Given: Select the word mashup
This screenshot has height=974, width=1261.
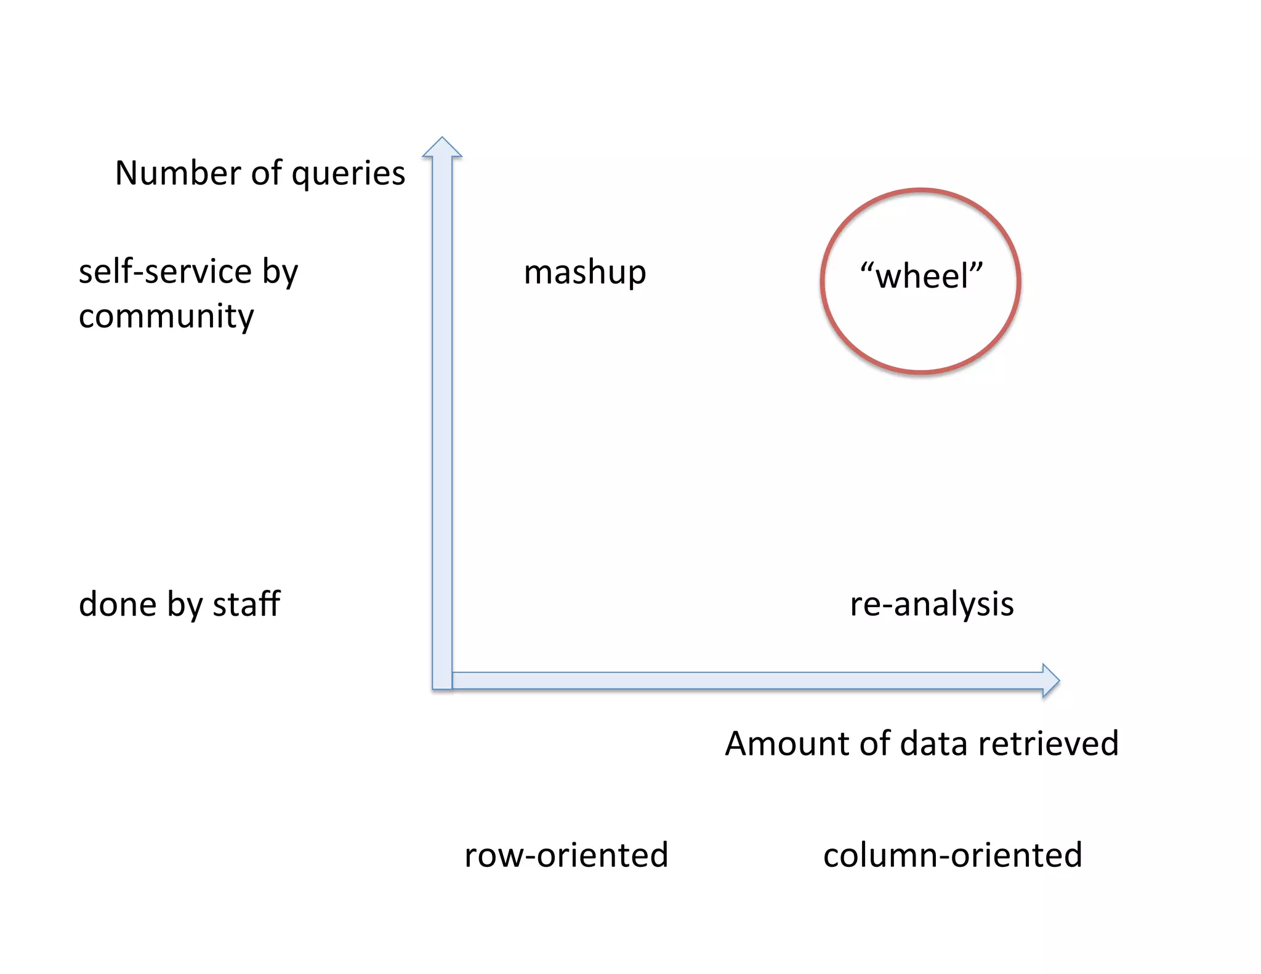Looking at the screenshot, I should pos(584,273).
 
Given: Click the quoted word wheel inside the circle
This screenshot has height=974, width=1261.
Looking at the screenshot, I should pos(921,276).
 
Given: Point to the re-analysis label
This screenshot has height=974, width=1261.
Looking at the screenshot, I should pos(932,604).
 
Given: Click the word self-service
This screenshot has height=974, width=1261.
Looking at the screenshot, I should pos(165,272).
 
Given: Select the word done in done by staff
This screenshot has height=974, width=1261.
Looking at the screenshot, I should pos(117,604).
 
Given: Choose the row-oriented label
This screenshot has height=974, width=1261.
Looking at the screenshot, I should pos(566,855).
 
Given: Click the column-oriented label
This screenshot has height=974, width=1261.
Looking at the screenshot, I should pos(953,855).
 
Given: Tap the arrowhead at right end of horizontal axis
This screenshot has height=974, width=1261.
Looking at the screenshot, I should pos(1050,680).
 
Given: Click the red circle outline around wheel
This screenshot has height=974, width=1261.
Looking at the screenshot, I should pos(824,281).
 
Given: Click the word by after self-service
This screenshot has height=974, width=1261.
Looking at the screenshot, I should pos(280,273).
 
